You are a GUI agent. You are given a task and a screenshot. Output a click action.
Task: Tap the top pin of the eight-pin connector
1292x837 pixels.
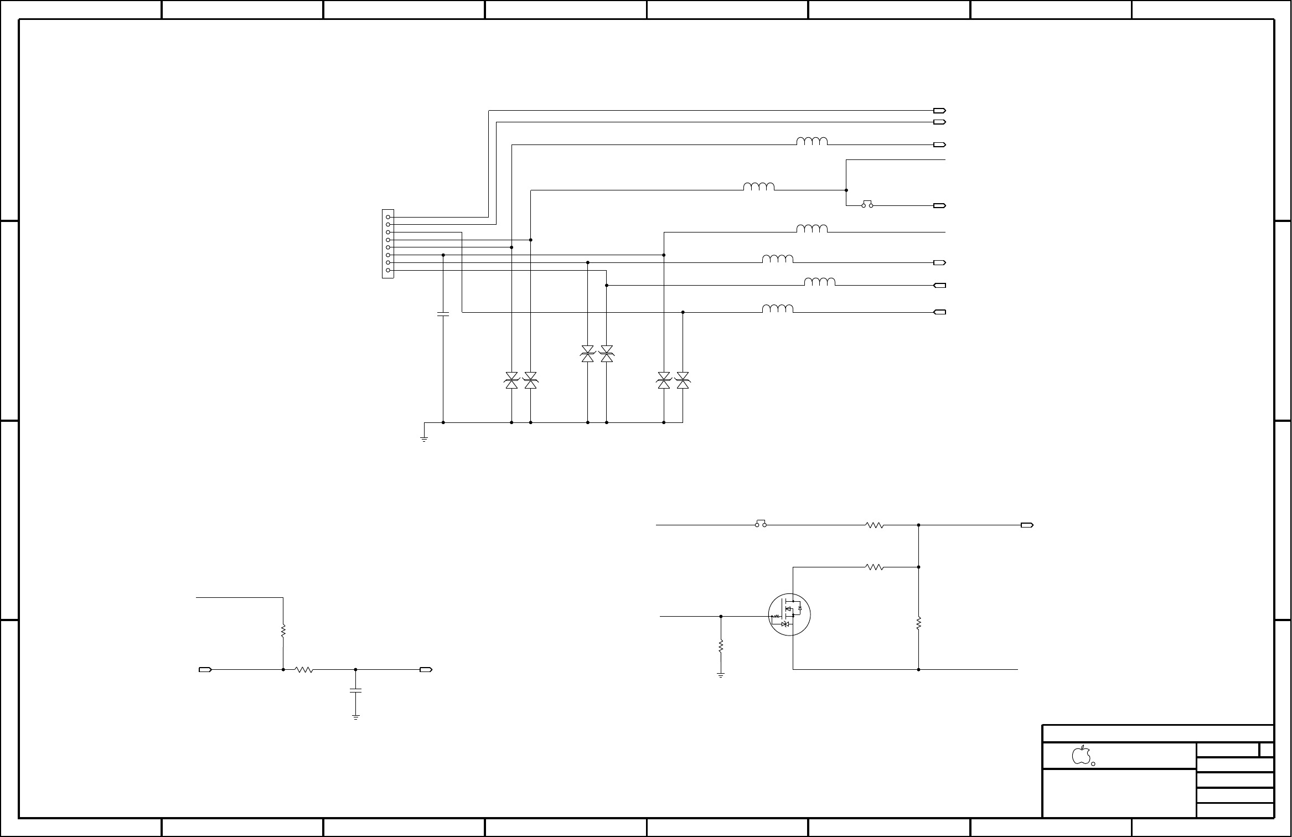389,217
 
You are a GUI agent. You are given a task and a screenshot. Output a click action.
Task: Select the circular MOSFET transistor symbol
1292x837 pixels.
789,616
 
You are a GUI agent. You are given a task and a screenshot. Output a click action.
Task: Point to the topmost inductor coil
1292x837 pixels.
812,141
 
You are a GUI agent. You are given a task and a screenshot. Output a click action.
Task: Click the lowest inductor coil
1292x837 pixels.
778,309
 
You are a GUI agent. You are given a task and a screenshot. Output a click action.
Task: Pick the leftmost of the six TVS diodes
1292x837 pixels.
511,380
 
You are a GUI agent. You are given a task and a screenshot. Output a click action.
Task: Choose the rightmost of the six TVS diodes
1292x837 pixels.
683,380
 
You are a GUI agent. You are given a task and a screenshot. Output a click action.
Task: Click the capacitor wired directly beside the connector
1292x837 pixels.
443,314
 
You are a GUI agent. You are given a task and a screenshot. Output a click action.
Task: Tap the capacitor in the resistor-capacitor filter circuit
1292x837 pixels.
355,690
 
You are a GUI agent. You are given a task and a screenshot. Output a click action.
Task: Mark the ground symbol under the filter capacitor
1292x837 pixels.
355,717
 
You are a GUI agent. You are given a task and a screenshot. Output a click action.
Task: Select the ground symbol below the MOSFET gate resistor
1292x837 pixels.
721,675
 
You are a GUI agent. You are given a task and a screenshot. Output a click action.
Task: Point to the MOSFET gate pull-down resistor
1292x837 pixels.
721,645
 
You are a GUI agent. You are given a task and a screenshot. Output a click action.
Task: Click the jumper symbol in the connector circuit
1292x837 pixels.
867,204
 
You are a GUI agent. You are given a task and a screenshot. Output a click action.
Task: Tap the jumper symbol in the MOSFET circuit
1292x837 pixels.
761,524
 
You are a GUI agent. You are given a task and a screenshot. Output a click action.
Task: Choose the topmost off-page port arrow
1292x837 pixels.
939,110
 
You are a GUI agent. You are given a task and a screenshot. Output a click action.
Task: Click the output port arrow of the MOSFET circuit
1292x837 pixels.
1027,525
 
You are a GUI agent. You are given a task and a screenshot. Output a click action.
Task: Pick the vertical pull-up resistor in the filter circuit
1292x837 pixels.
283,631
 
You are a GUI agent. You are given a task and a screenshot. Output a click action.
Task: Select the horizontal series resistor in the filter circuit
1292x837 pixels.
304,670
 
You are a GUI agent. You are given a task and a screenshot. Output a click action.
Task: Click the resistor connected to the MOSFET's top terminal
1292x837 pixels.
874,567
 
